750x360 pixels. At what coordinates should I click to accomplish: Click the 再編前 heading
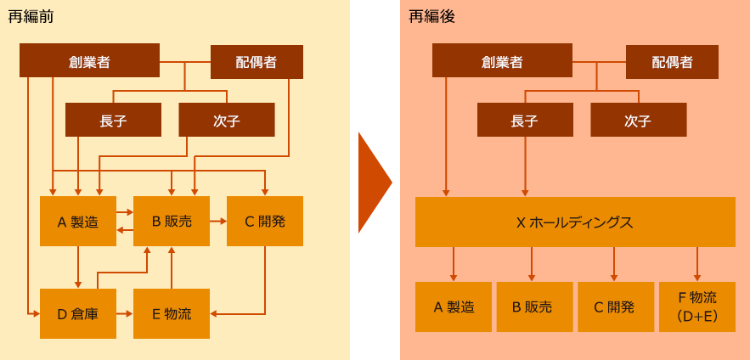pyautogui.click(x=31, y=16)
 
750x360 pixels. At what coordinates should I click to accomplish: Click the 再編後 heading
pyautogui.click(x=431, y=16)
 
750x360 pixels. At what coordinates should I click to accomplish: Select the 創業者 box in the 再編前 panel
pyautogui.click(x=89, y=60)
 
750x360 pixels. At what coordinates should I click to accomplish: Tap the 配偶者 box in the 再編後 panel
pyautogui.click(x=672, y=62)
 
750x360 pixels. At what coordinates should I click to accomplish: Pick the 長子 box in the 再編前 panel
pyautogui.click(x=113, y=120)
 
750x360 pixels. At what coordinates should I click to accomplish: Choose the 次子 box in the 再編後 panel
pyautogui.click(x=638, y=120)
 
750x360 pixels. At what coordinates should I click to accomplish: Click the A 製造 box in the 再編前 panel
pyautogui.click(x=78, y=222)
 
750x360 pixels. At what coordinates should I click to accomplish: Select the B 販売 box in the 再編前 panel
pyautogui.click(x=172, y=222)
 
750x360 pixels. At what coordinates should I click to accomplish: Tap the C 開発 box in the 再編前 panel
pyautogui.click(x=265, y=222)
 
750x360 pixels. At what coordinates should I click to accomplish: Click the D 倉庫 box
pyautogui.click(x=78, y=313)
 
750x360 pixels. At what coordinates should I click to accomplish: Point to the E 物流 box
pyautogui.click(x=172, y=313)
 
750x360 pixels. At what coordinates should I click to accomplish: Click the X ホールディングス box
pyautogui.click(x=575, y=222)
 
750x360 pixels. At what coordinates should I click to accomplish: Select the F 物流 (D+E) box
pyautogui.click(x=697, y=307)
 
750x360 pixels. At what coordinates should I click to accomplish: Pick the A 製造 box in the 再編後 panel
pyautogui.click(x=454, y=307)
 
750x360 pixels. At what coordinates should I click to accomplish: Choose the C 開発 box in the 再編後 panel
pyautogui.click(x=616, y=307)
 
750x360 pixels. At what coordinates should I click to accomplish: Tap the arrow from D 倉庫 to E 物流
pyautogui.click(x=125, y=313)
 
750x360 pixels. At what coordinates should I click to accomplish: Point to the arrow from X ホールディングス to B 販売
pyautogui.click(x=532, y=264)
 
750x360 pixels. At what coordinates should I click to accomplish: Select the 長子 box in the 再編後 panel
pyautogui.click(x=525, y=120)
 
